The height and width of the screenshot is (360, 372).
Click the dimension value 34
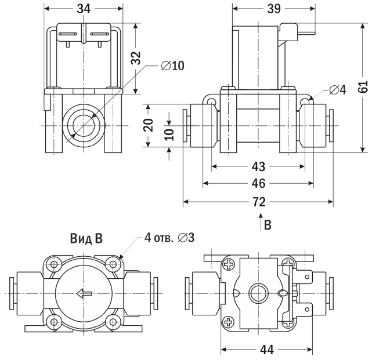pos(84,9)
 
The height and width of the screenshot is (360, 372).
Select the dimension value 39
pos(274,9)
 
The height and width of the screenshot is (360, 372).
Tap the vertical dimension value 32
pos(136,58)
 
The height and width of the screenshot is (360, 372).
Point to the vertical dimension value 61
pos(363,87)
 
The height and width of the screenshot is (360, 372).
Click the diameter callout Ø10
pos(172,66)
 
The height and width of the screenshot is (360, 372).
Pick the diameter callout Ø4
pos(338,90)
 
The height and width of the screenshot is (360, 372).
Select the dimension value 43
pos(258,166)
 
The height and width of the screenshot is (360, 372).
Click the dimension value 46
pos(258,183)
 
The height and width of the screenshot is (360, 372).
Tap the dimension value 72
pos(259,202)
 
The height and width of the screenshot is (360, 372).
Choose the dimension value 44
pos(267,350)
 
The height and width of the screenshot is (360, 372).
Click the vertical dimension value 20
pos(149,125)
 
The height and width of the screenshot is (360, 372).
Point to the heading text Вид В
pos(86,238)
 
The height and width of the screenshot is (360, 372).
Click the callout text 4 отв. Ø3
pos(169,238)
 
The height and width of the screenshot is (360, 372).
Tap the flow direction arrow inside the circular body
pos(84,294)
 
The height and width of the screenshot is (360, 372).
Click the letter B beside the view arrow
pos(268,225)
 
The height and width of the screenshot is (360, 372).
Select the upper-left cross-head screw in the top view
pos(228,264)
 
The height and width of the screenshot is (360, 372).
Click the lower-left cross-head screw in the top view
pos(228,322)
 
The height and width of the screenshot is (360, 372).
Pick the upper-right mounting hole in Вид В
pos(113,264)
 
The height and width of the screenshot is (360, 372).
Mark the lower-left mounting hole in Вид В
pos(55,322)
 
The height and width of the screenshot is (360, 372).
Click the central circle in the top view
pos(258,293)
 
